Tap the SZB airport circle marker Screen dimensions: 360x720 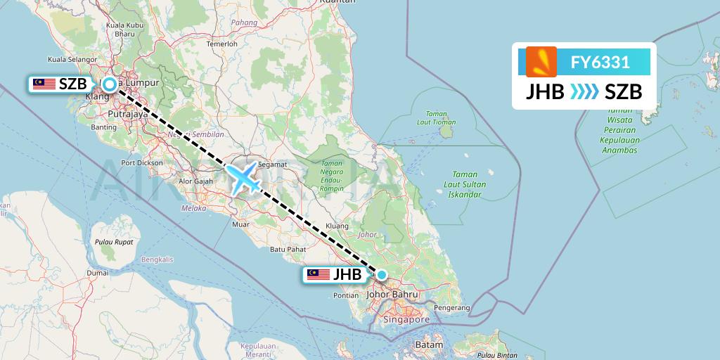point(110,84)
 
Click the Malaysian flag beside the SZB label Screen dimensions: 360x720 point(44,84)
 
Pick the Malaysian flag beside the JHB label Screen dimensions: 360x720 point(319,275)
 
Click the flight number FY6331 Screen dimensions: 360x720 point(600,63)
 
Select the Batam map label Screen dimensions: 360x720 point(429,345)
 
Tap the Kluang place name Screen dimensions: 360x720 point(339,226)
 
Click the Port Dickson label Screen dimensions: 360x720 point(142,162)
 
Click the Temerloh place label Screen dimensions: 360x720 point(221,43)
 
